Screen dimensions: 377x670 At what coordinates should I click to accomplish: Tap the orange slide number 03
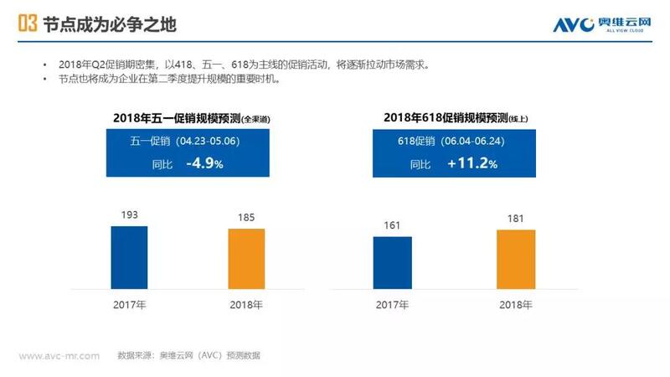(27, 24)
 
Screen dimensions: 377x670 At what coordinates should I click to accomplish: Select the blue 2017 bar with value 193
(129, 255)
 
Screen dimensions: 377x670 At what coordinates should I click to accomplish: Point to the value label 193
(129, 215)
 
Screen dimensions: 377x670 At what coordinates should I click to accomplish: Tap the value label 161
(393, 225)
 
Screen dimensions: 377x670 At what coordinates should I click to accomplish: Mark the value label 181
(516, 219)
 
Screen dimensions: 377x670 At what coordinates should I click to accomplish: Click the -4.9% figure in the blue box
(204, 164)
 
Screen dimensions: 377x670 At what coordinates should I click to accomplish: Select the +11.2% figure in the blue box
(472, 164)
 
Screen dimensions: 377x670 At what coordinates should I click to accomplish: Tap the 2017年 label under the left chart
(129, 304)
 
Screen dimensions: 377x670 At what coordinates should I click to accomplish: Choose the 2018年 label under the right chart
(516, 304)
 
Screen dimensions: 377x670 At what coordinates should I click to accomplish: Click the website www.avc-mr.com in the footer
(59, 355)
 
